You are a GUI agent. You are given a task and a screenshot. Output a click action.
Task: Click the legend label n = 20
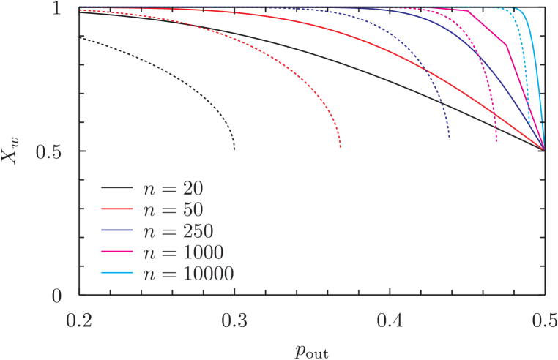[x=172, y=188]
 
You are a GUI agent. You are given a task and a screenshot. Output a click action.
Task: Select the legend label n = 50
[x=172, y=209]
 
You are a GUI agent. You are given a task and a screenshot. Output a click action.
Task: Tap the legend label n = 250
[x=177, y=231]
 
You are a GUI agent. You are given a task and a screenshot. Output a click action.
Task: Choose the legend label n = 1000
[x=182, y=252]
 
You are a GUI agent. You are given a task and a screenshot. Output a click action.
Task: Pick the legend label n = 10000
[x=187, y=274]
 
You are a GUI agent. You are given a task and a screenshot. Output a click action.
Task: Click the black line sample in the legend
[x=116, y=188]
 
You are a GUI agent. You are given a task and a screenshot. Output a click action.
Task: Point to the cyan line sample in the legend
[x=116, y=274]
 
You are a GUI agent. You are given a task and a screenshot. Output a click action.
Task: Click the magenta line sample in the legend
[x=116, y=252]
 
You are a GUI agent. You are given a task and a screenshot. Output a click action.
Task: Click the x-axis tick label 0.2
[x=80, y=320]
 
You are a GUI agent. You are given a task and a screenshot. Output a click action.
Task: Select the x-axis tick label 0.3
[x=234, y=320]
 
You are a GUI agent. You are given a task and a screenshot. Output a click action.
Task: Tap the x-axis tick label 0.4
[x=390, y=320]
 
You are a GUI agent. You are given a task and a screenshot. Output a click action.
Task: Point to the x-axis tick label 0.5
[x=542, y=320]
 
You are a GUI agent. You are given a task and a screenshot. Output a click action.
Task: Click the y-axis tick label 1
[x=64, y=9]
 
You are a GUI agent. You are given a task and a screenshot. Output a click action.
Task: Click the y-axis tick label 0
[x=64, y=295]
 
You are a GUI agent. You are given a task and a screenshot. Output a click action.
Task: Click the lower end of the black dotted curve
[x=234, y=149]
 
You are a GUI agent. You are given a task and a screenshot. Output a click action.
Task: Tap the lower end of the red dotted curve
[x=340, y=148]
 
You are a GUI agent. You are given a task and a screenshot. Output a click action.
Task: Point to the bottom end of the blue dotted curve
[x=449, y=139]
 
